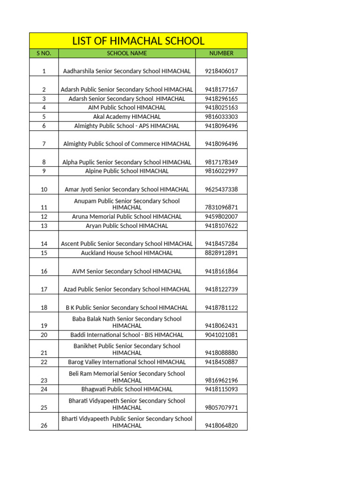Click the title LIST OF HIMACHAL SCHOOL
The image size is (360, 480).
[138, 41]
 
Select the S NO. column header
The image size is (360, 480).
[44, 53]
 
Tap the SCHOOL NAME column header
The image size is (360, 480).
[127, 53]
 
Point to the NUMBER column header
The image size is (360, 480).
[221, 53]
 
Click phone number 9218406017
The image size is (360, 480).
[221, 71]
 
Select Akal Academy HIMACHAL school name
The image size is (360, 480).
[127, 117]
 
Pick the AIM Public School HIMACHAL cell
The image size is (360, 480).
[127, 108]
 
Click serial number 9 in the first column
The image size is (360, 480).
[44, 171]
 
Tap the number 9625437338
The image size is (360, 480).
[221, 189]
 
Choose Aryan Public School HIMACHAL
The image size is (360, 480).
[127, 226]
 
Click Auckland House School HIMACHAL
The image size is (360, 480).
[127, 253]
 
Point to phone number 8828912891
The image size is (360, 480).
[221, 253]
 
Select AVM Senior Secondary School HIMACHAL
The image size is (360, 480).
[127, 271]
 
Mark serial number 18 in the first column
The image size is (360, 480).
[44, 308]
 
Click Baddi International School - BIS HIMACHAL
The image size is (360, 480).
[127, 335]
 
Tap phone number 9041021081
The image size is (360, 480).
[221, 335]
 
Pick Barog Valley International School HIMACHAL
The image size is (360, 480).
[127, 362]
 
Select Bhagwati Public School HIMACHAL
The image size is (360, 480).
[127, 390]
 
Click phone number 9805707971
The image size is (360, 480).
[221, 408]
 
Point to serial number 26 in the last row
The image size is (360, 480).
[44, 426]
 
